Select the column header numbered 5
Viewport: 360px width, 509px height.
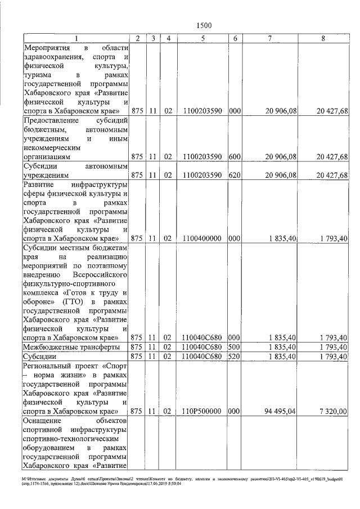tap(202, 38)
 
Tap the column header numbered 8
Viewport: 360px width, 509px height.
tap(322, 38)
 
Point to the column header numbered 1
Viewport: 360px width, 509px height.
tap(76, 38)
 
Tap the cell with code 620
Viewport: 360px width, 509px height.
tap(235, 175)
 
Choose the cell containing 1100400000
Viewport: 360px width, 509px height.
tap(202, 238)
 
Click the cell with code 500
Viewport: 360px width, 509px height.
tap(235, 347)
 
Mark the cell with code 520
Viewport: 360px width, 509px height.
tap(235, 357)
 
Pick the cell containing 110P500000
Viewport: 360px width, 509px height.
tap(202, 411)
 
